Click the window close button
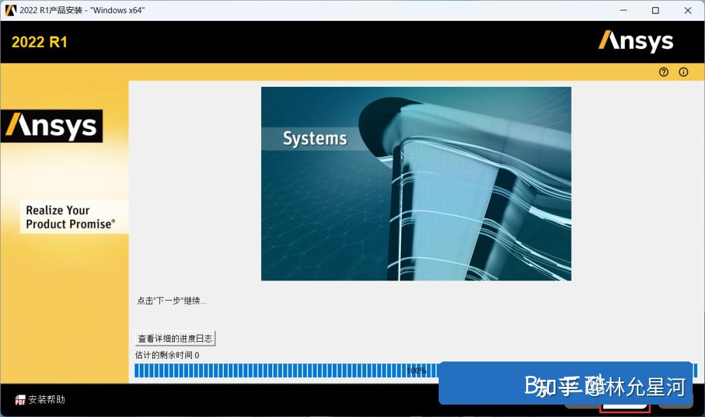(x=688, y=10)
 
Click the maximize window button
(x=655, y=10)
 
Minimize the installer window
(x=623, y=10)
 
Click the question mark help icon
(x=664, y=72)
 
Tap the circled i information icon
(x=683, y=72)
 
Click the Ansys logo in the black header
(x=636, y=42)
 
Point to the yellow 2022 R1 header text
(x=39, y=42)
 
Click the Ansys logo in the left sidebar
(x=52, y=126)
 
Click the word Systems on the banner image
(x=315, y=138)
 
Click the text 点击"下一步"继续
(x=172, y=301)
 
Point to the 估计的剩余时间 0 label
(x=167, y=355)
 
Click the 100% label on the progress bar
(x=416, y=371)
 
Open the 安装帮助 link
(x=47, y=399)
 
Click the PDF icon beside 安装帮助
(x=20, y=400)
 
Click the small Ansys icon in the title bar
(x=10, y=10)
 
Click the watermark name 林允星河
(x=646, y=386)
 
